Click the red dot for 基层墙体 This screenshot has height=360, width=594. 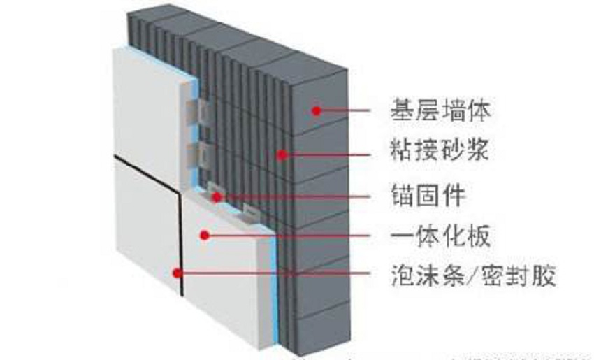pos(316,110)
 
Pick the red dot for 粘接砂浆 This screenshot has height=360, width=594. pos(282,154)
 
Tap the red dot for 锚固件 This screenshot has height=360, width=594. pos(217,197)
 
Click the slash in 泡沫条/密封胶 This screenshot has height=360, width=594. pos(472,276)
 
